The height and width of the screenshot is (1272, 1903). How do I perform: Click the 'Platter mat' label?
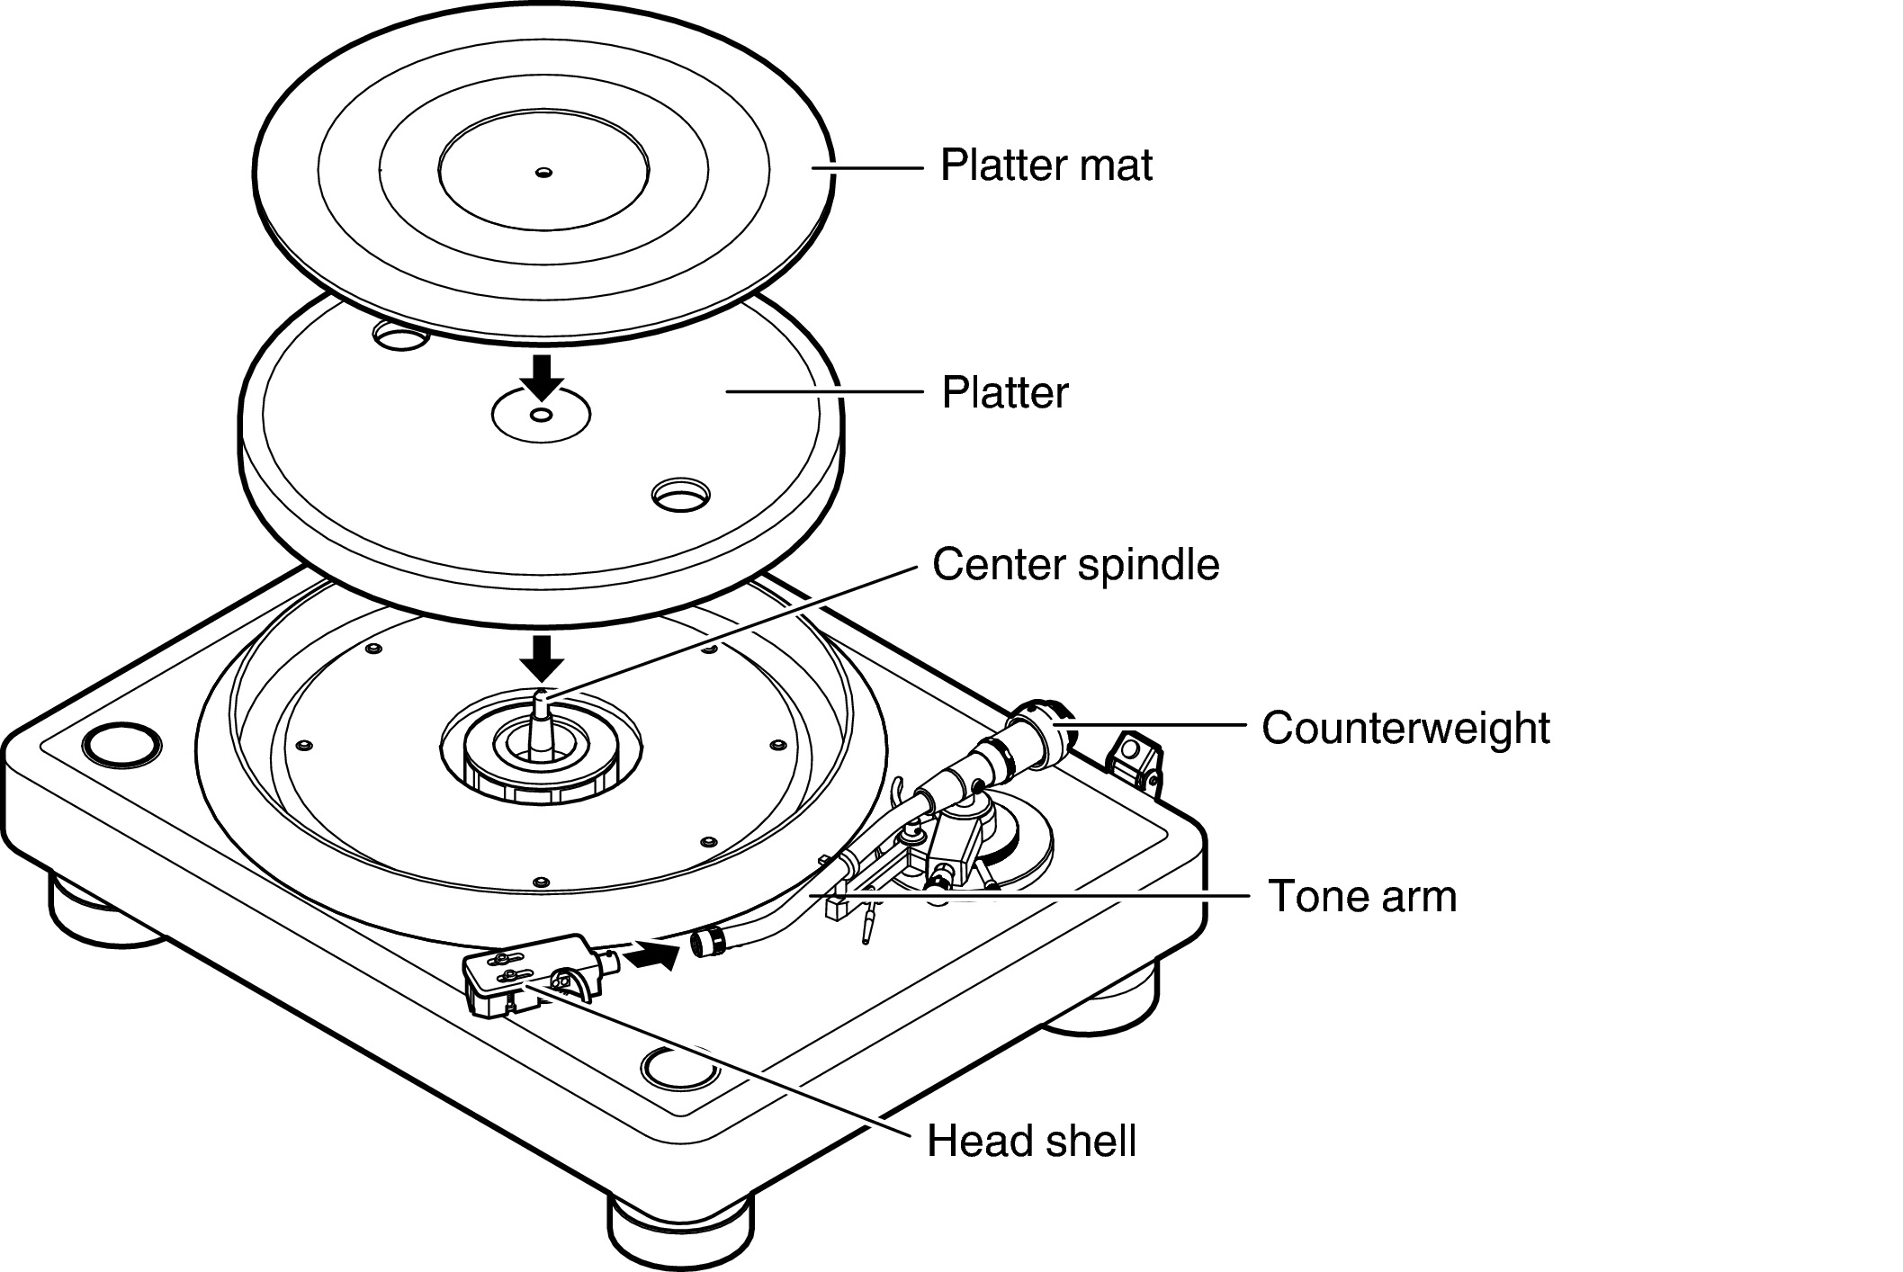pos(1046,166)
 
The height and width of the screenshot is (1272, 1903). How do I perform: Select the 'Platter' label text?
pos(1004,393)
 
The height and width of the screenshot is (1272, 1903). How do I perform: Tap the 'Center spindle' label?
pos(1075,565)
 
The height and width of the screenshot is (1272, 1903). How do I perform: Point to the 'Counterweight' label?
pos(1405,728)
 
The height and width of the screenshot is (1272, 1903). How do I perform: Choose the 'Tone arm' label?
pos(1361,896)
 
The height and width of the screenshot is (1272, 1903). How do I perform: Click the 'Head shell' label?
pos(1031,1142)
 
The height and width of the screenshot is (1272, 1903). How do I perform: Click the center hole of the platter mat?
pos(543,173)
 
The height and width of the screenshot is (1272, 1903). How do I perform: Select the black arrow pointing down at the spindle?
pos(543,658)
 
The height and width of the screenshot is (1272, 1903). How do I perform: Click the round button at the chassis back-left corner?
pos(122,745)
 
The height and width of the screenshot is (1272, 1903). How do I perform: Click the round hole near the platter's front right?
pos(681,494)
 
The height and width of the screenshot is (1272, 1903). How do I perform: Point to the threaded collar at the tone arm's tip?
pos(708,942)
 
